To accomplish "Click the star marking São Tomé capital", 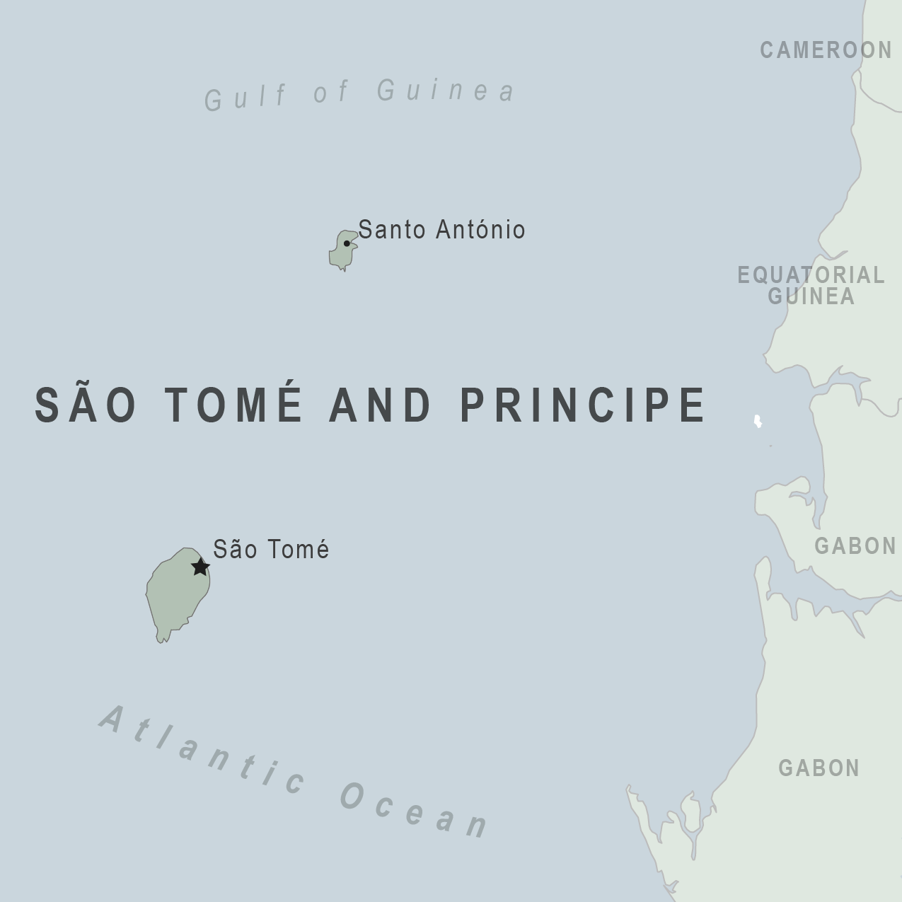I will pyautogui.click(x=201, y=567).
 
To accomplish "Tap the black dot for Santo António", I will pyautogui.click(x=347, y=243).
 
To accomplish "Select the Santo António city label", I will pyautogui.click(x=441, y=230).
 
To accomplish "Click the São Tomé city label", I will pyautogui.click(x=271, y=550).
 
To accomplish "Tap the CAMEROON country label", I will pyautogui.click(x=826, y=50).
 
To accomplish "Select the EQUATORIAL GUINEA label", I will pyautogui.click(x=811, y=285).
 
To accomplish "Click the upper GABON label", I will pyautogui.click(x=855, y=545).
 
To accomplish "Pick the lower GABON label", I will pyautogui.click(x=819, y=768).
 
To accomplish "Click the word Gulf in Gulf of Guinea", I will pyautogui.click(x=245, y=97).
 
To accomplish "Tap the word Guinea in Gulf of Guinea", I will pyautogui.click(x=446, y=91).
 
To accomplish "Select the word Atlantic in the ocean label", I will pyautogui.click(x=202, y=751).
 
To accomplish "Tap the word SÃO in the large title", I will pyautogui.click(x=86, y=405).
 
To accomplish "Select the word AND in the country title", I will pyautogui.click(x=381, y=405).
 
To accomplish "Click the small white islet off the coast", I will pyautogui.click(x=758, y=422).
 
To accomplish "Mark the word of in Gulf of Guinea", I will pyautogui.click(x=331, y=92).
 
